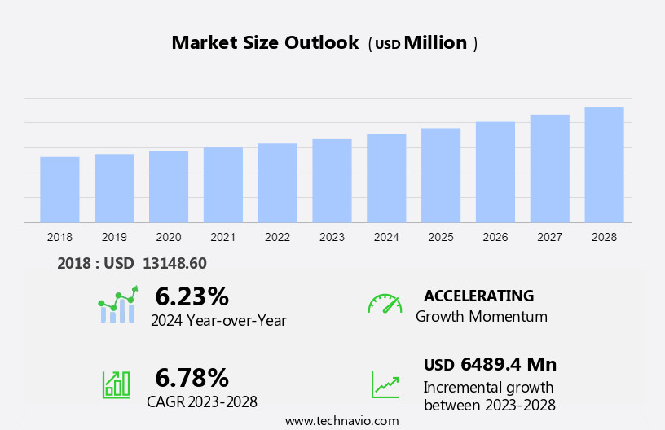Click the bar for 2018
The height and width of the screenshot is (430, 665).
[59, 189]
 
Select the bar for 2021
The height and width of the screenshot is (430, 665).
[223, 185]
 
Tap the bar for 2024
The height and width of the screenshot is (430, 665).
[386, 178]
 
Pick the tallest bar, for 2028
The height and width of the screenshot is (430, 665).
[604, 165]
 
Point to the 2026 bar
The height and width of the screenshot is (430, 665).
[495, 172]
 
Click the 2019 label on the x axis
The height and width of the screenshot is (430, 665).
[114, 237]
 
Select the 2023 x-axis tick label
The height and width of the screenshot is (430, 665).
[332, 237]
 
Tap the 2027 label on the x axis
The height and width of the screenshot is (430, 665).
[550, 237]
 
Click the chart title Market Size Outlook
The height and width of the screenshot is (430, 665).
[265, 43]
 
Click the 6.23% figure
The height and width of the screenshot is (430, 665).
[192, 296]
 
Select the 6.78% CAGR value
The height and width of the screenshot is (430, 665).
[192, 377]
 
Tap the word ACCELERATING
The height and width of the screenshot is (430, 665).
[478, 296]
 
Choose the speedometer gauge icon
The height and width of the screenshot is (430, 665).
[385, 304]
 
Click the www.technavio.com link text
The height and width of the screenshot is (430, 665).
[341, 421]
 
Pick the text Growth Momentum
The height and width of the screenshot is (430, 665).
[481, 317]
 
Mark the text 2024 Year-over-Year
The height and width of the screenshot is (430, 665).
[218, 321]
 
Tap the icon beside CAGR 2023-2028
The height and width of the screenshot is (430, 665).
[115, 384]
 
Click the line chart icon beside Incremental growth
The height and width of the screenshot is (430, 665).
[385, 384]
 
